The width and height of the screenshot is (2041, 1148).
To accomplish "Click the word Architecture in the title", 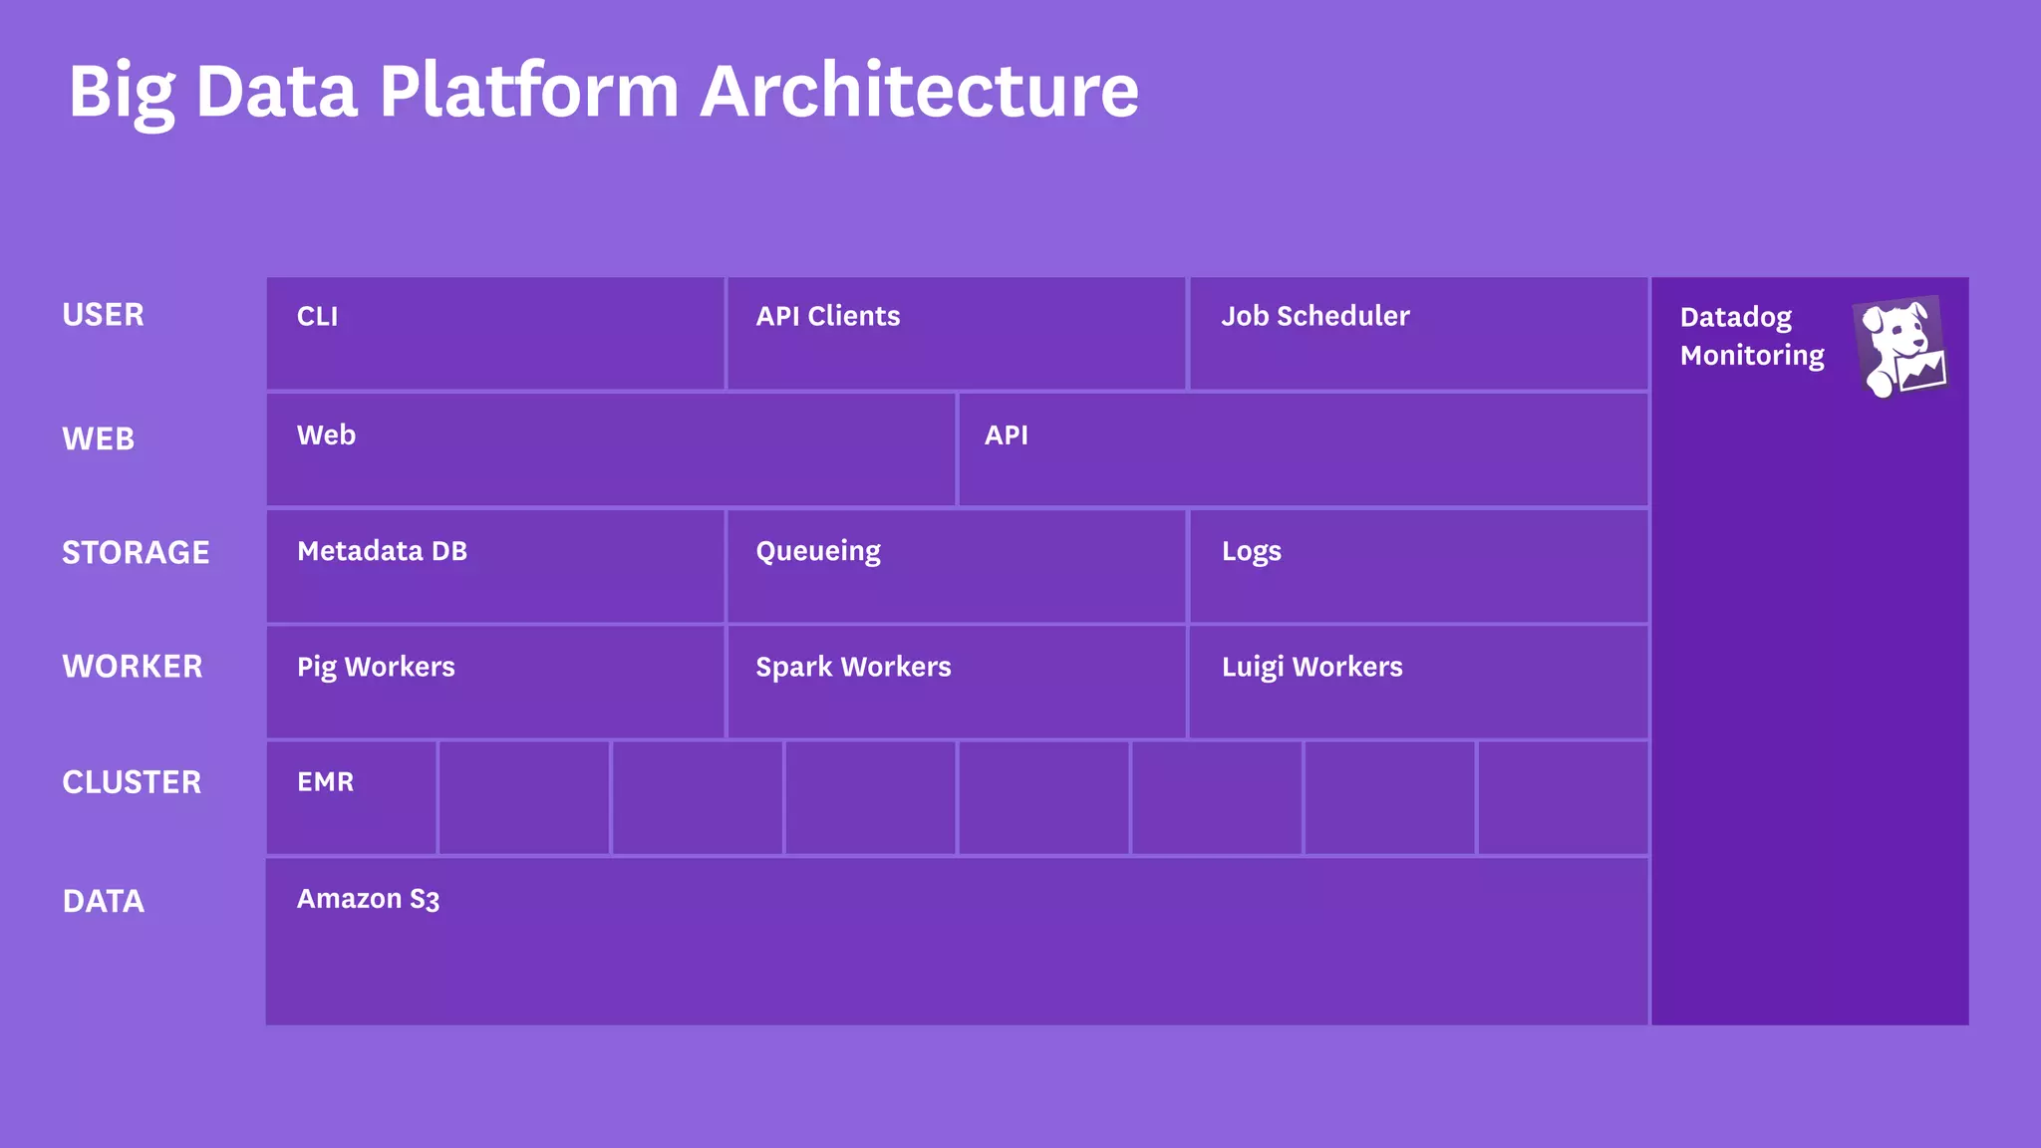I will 919,92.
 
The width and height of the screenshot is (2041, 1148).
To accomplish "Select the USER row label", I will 103,315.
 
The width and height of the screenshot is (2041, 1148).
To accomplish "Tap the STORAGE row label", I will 136,552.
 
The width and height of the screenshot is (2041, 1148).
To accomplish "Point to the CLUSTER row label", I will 132,782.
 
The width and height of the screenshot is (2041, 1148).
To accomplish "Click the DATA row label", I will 103,901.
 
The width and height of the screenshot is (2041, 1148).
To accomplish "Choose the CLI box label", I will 317,317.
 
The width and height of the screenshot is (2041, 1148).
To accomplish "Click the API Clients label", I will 827,316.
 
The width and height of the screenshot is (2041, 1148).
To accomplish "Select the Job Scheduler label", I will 1314,316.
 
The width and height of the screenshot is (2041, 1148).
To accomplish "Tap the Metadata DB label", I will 382,551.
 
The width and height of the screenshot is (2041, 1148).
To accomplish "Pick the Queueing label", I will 817,552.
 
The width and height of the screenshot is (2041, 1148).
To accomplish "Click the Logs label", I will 1251,552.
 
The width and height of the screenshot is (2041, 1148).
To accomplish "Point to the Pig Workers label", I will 376,668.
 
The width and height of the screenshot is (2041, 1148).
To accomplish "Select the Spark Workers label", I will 853,668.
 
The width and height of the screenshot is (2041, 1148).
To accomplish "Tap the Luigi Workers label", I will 1312,668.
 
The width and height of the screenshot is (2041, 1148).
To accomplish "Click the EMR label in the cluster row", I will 325,782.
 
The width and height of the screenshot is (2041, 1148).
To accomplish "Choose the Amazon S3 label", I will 368,899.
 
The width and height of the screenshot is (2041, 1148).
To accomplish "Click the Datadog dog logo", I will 1900,347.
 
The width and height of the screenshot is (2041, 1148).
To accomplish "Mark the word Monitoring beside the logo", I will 1751,356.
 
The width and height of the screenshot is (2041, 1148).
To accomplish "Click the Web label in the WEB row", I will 326,435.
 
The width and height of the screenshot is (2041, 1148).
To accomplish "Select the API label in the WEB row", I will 1006,435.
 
